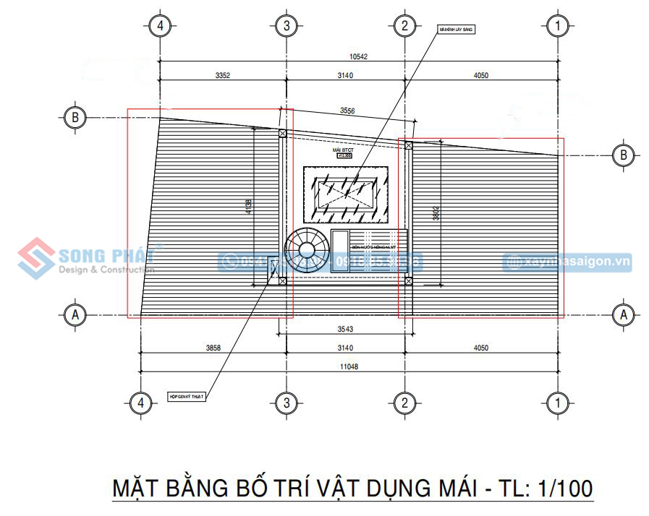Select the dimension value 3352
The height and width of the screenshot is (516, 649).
[x=222, y=74]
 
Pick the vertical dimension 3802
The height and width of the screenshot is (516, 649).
[x=436, y=214]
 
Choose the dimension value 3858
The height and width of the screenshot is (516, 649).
[x=213, y=348]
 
